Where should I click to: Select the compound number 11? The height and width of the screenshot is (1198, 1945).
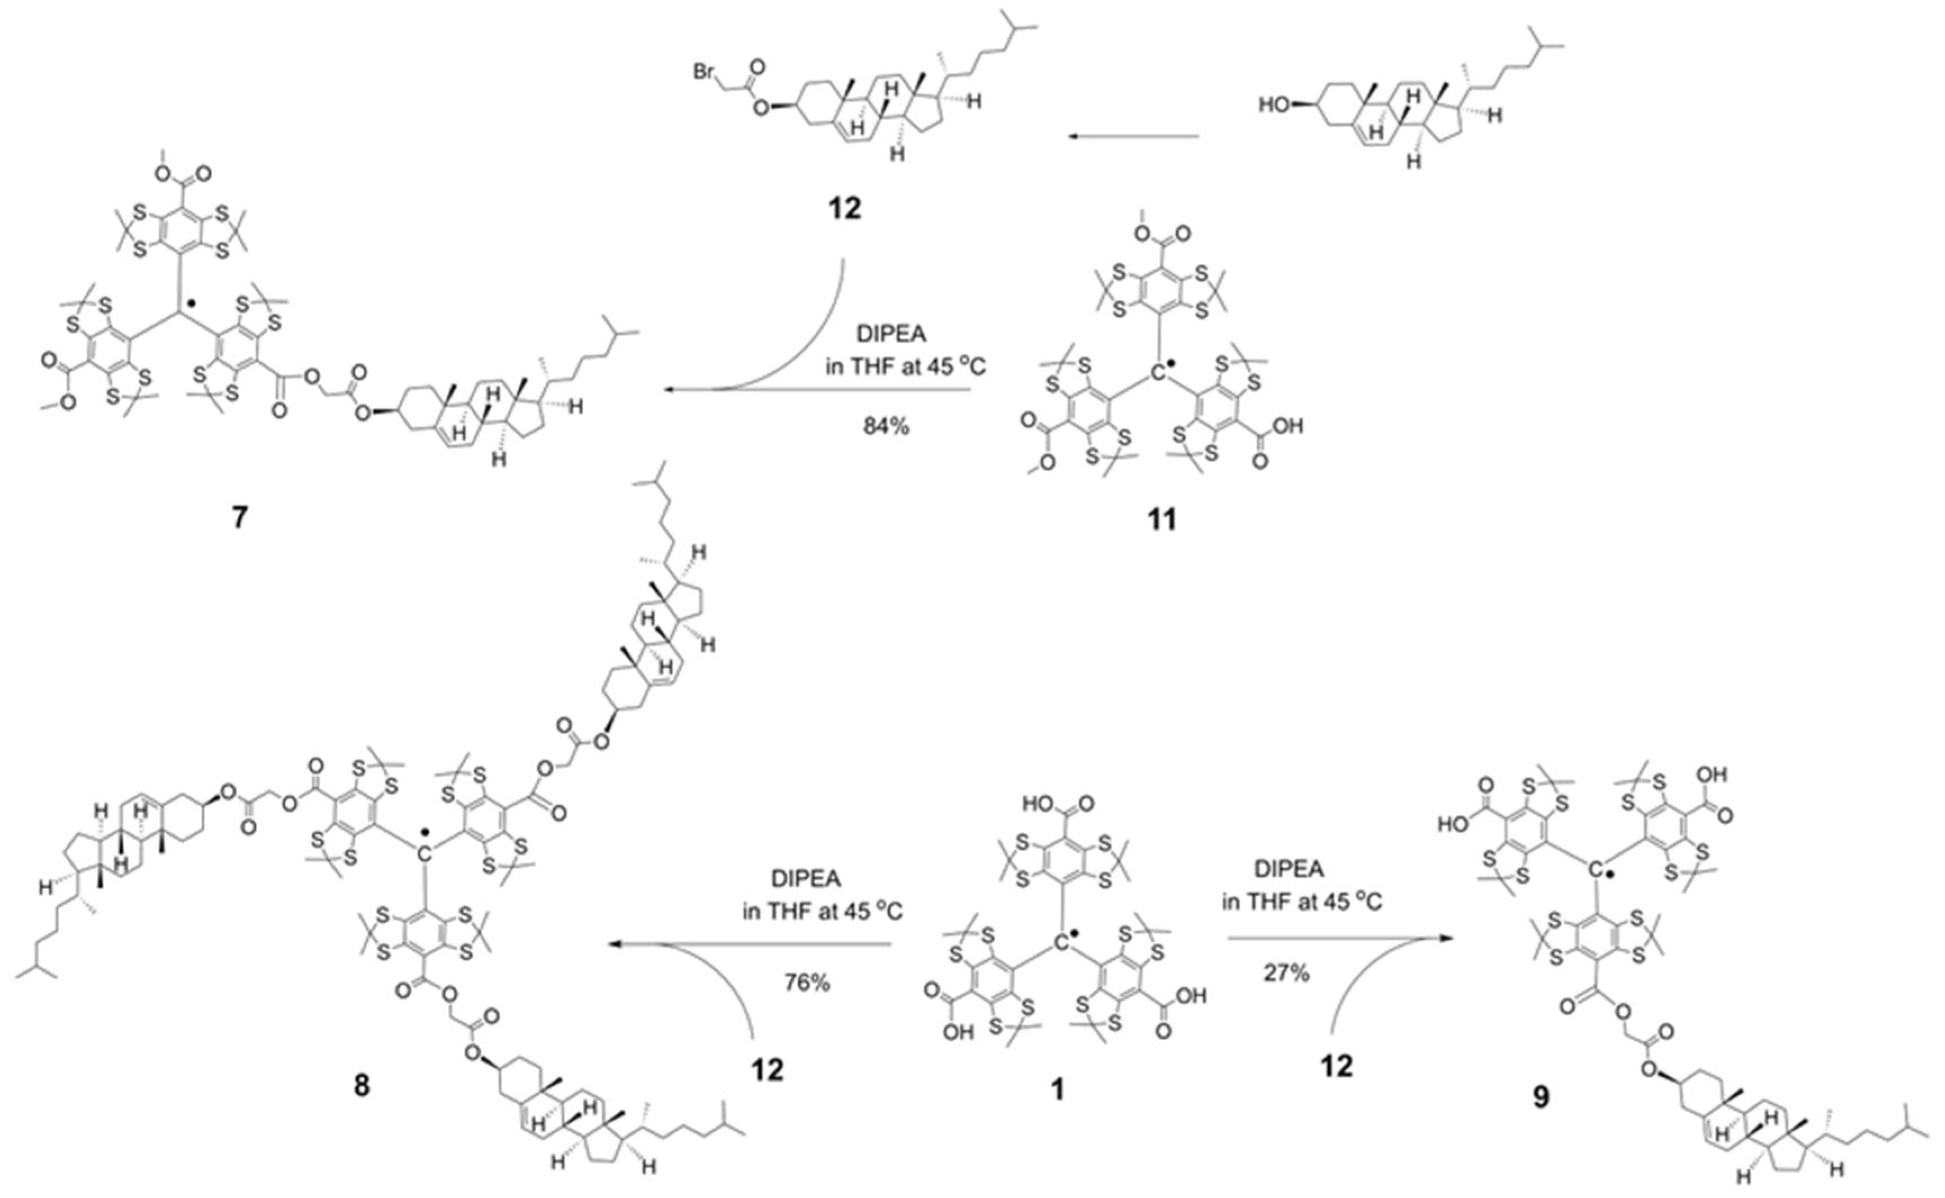point(1162,519)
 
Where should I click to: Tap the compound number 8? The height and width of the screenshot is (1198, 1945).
point(361,1084)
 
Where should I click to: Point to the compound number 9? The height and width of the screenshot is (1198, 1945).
point(1540,1097)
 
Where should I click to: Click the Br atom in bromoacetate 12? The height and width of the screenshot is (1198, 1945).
point(705,72)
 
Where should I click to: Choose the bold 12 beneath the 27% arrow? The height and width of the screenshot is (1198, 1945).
point(1336,1066)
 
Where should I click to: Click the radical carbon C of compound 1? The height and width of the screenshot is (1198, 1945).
point(1061,942)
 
